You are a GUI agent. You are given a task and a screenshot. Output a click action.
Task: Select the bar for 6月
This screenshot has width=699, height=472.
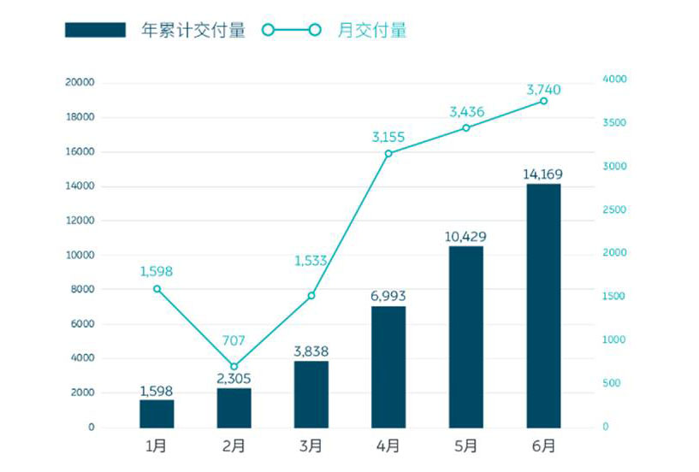[x=543, y=305]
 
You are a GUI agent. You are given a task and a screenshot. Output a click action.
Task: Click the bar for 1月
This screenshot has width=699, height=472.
[x=157, y=413]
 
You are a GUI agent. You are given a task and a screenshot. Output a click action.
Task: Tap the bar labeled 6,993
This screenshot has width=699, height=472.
[x=388, y=367]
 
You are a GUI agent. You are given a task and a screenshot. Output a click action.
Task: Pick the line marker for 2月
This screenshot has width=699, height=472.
[x=234, y=366]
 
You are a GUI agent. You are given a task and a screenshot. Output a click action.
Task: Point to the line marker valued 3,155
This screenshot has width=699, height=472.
[x=388, y=154]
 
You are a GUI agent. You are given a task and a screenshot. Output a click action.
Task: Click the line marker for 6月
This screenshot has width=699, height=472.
[x=543, y=101]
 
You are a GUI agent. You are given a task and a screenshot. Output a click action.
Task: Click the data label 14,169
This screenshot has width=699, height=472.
[x=543, y=174]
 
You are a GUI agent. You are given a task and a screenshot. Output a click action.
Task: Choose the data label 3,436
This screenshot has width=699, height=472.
[x=466, y=111]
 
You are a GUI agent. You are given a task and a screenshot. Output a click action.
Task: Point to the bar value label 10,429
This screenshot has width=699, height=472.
[x=466, y=236]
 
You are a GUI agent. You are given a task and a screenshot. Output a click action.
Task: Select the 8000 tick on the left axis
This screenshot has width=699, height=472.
[x=83, y=289]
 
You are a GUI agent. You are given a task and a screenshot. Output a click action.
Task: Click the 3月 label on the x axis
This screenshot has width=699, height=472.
[x=311, y=446]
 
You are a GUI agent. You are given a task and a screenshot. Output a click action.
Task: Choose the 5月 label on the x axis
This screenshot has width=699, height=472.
[x=466, y=446]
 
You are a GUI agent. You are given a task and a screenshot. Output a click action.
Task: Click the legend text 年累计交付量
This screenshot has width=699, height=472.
[x=193, y=31]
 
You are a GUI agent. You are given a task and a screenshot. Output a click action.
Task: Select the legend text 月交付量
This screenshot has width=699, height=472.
[x=372, y=31]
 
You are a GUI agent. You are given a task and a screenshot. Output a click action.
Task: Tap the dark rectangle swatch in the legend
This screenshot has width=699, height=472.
[x=95, y=31]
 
